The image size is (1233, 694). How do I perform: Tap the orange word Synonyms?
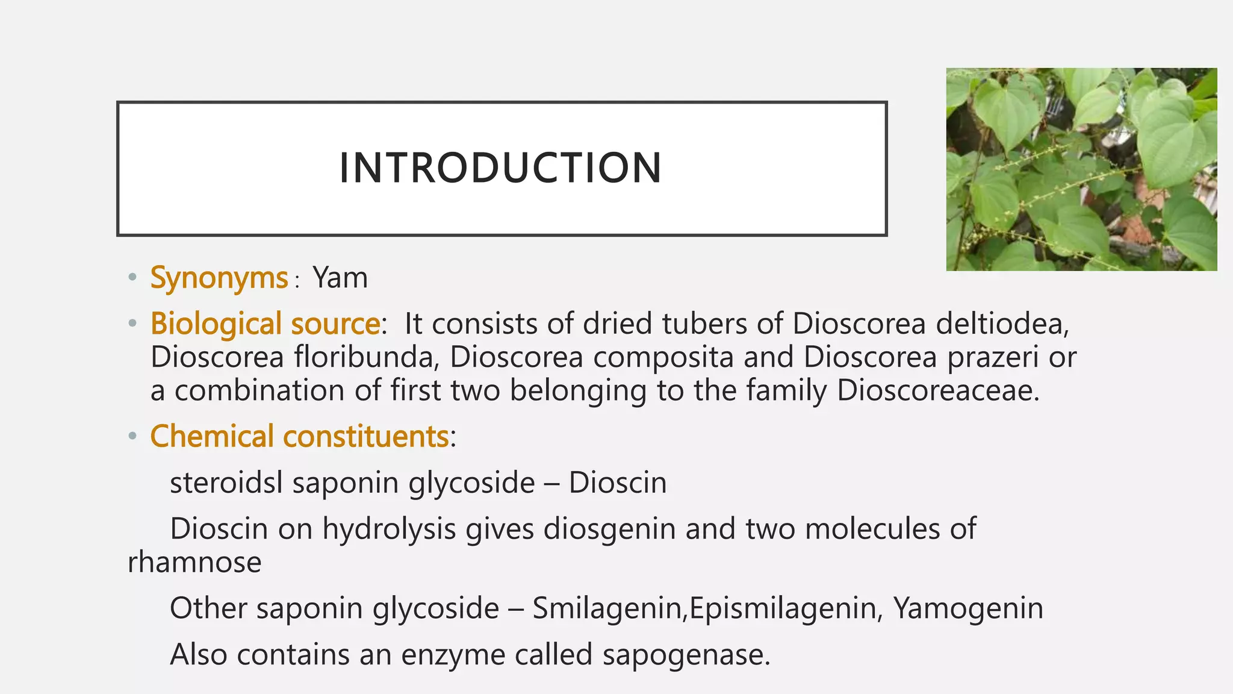pos(219,278)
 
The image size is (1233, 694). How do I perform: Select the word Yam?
pos(340,278)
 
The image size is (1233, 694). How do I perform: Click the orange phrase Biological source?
pos(265,324)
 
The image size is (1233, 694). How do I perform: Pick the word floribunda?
pos(363,357)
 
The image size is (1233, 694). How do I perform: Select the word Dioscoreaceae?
pos(937,390)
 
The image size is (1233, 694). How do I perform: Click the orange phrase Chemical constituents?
pos(299,436)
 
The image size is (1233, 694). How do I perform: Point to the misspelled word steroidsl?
pos(226,483)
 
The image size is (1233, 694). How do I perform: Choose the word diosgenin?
pos(609,529)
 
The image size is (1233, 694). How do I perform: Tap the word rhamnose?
pos(194,562)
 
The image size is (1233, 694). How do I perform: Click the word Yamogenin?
pos(967,608)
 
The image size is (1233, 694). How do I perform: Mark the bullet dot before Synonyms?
pos(132,278)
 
